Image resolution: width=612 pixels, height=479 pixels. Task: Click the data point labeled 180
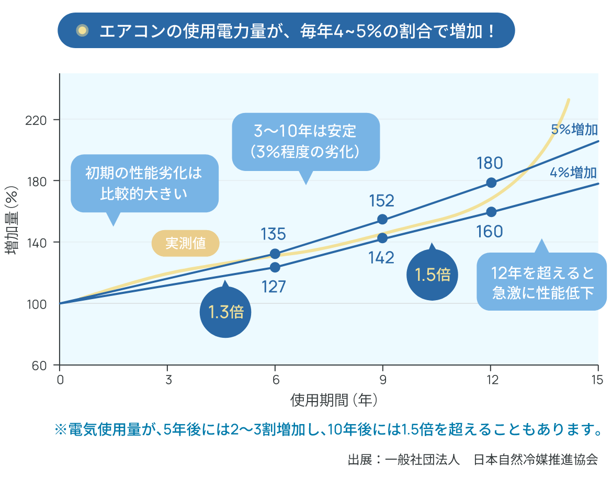tap(491, 183)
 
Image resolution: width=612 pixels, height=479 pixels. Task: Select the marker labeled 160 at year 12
tap(491, 212)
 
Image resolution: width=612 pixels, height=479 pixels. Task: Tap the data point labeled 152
tap(382, 219)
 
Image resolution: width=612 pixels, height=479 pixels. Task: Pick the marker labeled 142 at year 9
tap(382, 238)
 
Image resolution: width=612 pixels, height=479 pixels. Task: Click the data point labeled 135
tap(275, 254)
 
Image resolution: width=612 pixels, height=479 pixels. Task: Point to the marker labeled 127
tap(275, 267)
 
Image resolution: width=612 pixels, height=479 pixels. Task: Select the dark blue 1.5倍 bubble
tap(432, 275)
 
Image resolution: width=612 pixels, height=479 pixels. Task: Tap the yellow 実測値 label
tap(185, 243)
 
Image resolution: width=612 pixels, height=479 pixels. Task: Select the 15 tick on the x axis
tap(597, 380)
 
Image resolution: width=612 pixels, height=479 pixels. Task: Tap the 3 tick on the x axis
tap(167, 380)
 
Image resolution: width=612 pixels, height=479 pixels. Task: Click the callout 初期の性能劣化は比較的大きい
tap(144, 183)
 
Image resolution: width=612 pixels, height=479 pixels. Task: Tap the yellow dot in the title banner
tap(82, 30)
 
